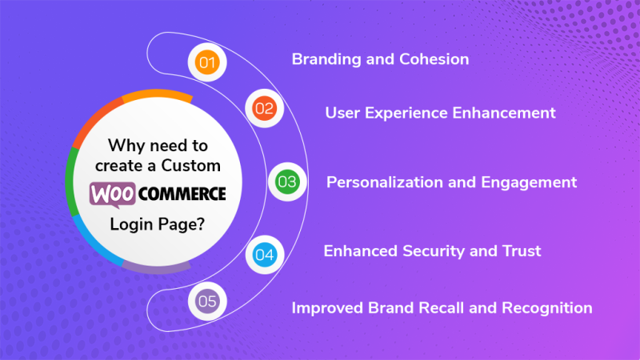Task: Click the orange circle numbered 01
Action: [x=208, y=62]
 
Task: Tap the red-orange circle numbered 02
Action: [x=263, y=107]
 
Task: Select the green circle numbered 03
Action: [x=286, y=182]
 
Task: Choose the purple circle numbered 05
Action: [x=208, y=302]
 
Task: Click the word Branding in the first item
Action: [x=322, y=59]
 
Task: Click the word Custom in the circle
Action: [x=195, y=165]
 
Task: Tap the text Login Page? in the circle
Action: [x=157, y=223]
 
